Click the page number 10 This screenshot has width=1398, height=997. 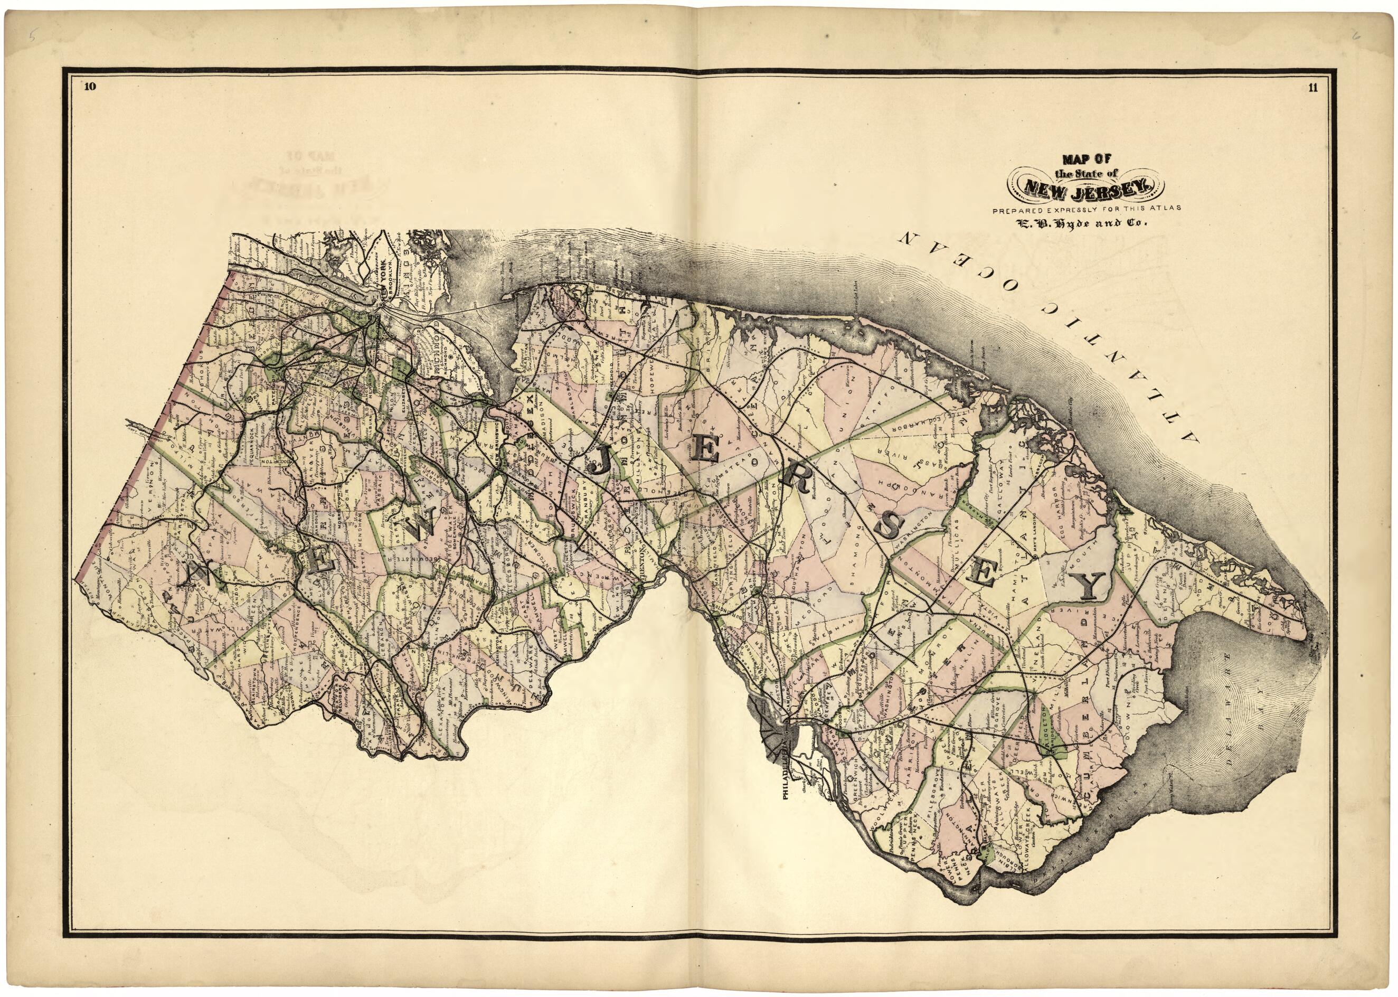point(90,87)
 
